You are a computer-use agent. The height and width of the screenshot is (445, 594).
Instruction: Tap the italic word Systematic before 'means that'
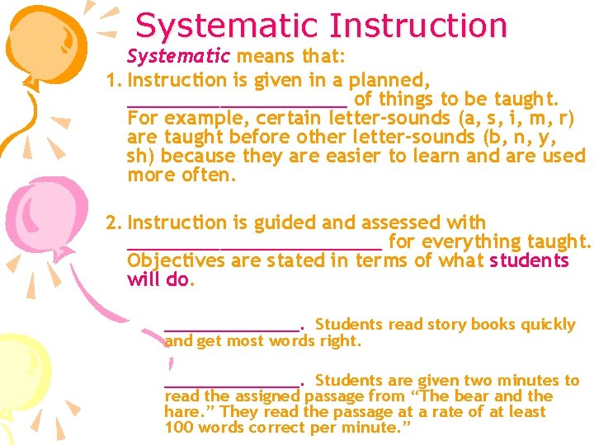coord(178,57)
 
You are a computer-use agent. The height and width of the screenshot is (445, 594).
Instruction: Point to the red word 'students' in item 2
coord(529,260)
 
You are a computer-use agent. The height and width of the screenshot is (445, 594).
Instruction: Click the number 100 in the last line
coord(180,428)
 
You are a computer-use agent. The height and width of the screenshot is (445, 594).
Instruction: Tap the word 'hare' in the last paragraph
coord(181,411)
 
